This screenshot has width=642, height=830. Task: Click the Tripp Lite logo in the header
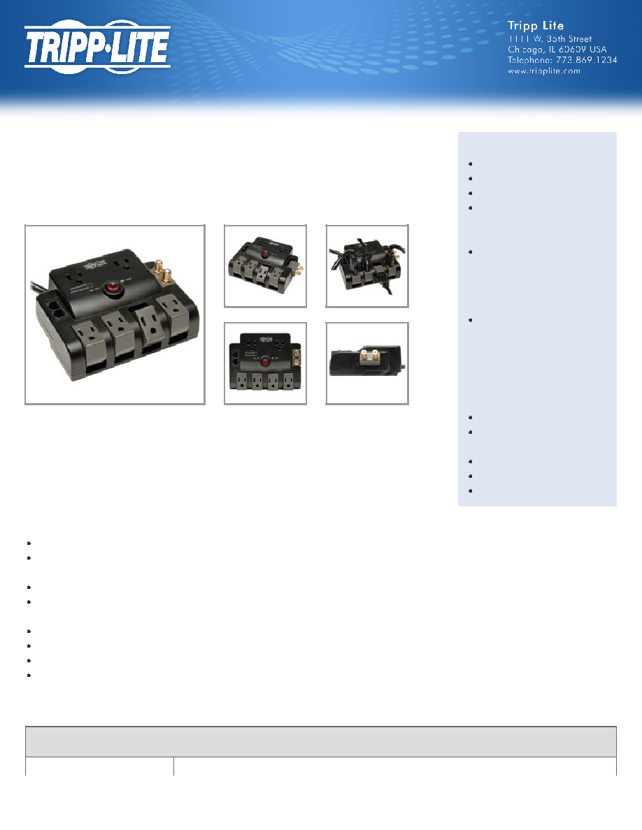coord(97,47)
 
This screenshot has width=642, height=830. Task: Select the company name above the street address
coord(536,25)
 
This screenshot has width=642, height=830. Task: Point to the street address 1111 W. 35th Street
coord(550,38)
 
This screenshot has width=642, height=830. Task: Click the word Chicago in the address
coord(525,49)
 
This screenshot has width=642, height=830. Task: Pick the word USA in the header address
coord(598,49)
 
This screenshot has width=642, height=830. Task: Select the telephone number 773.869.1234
coord(586,60)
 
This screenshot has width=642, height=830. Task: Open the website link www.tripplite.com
coord(544,71)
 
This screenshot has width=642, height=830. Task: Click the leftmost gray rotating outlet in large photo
coord(87,340)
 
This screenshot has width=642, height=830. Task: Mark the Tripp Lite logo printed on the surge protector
coord(95,263)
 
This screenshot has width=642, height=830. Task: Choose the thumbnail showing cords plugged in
coord(367,265)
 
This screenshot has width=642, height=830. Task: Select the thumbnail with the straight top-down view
coord(265,364)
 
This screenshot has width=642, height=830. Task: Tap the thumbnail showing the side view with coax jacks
coord(367,364)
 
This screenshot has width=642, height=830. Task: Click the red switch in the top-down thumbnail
coord(264,361)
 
